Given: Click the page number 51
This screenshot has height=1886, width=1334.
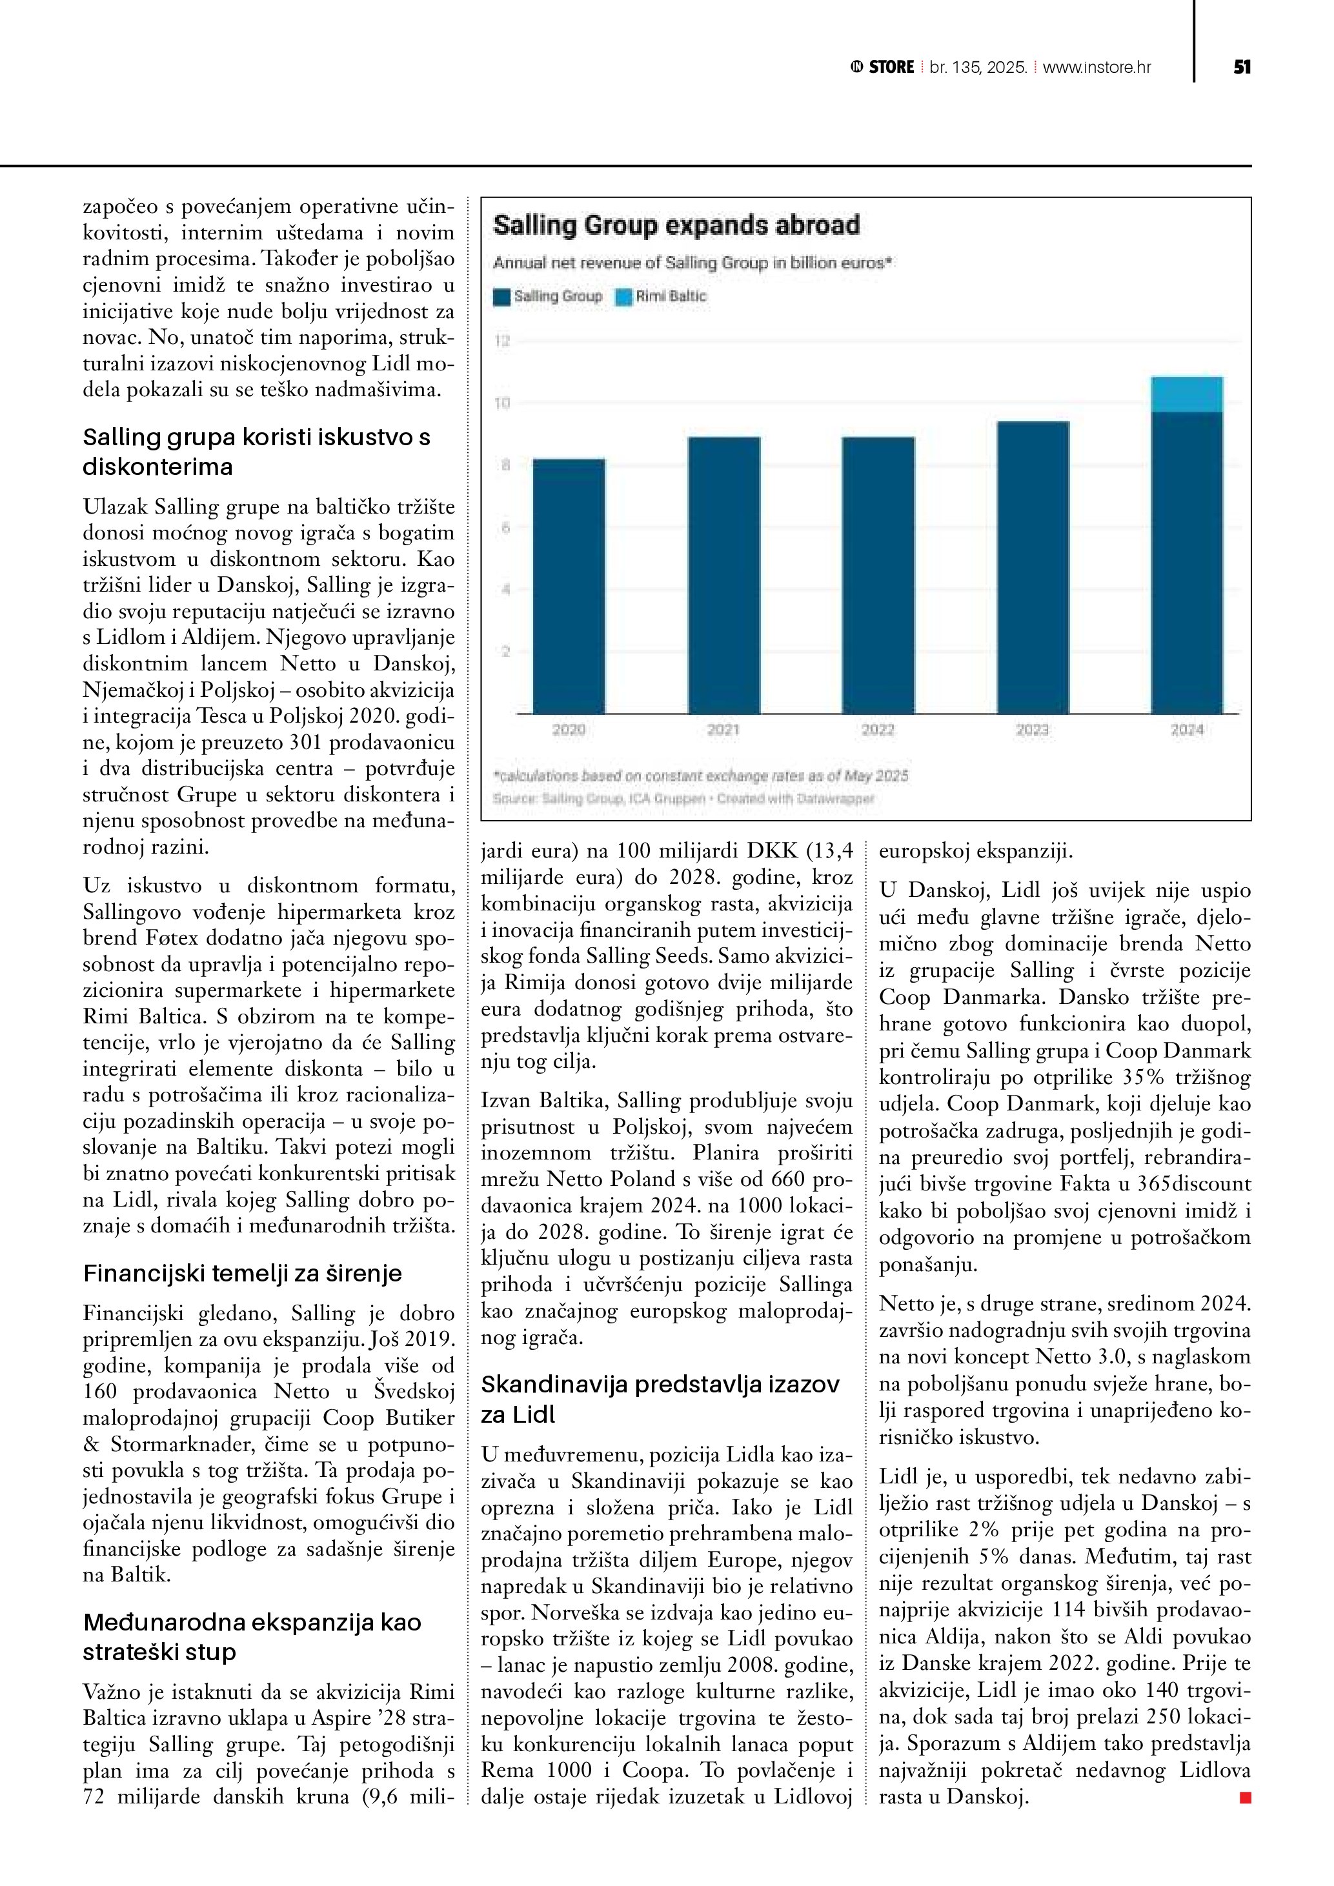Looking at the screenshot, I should coord(1241,67).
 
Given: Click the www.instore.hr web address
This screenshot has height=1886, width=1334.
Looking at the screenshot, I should coord(1097,67).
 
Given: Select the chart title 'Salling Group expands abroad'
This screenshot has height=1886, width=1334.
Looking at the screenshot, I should coord(676,225).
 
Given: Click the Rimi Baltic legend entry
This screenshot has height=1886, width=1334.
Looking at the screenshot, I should coord(662,297).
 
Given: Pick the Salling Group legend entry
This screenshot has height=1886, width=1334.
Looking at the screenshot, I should coord(549,297).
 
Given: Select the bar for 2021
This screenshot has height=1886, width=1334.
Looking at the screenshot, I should coord(723,575).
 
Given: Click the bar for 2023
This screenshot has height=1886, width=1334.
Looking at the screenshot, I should coord(1033,567).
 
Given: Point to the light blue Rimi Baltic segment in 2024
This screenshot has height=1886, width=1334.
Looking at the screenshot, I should coord(1186,394).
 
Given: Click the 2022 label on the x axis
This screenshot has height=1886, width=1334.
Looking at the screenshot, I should coord(877,729).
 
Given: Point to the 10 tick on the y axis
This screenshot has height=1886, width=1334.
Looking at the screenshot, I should coord(502,403).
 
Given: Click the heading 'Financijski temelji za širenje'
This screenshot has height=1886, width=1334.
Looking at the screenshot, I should coord(242,1273).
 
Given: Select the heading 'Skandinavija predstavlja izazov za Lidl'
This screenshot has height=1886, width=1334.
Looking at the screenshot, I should coord(660,1399).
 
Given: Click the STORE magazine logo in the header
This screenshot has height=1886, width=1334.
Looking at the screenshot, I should coord(883,67).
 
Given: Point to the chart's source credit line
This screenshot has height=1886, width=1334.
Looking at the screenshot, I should coord(683,798).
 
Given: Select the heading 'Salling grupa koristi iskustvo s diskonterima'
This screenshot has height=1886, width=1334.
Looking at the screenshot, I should coord(256,452).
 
